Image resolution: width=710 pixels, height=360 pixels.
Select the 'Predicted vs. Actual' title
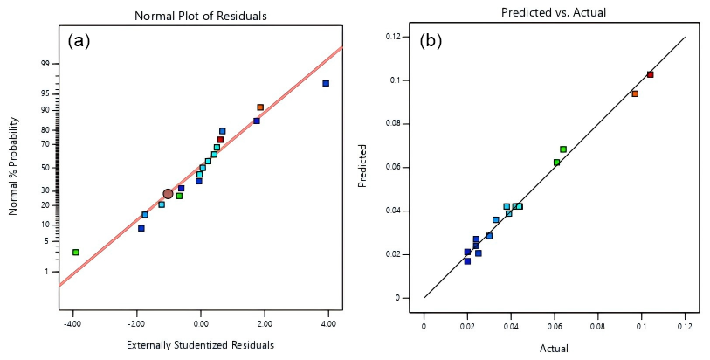point(554,13)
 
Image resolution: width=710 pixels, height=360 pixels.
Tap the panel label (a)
point(79,41)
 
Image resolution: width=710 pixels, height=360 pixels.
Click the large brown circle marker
point(168,194)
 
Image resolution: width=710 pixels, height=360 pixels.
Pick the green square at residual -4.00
point(76,253)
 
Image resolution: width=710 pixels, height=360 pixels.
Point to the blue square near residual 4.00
point(326,84)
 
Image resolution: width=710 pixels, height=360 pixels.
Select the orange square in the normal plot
point(260,107)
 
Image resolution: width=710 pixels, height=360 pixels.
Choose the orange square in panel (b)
point(635,93)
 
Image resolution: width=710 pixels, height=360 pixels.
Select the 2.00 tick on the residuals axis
point(265,323)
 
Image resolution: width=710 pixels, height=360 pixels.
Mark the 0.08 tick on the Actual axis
point(598,329)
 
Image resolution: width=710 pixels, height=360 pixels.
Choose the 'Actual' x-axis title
point(554,348)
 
